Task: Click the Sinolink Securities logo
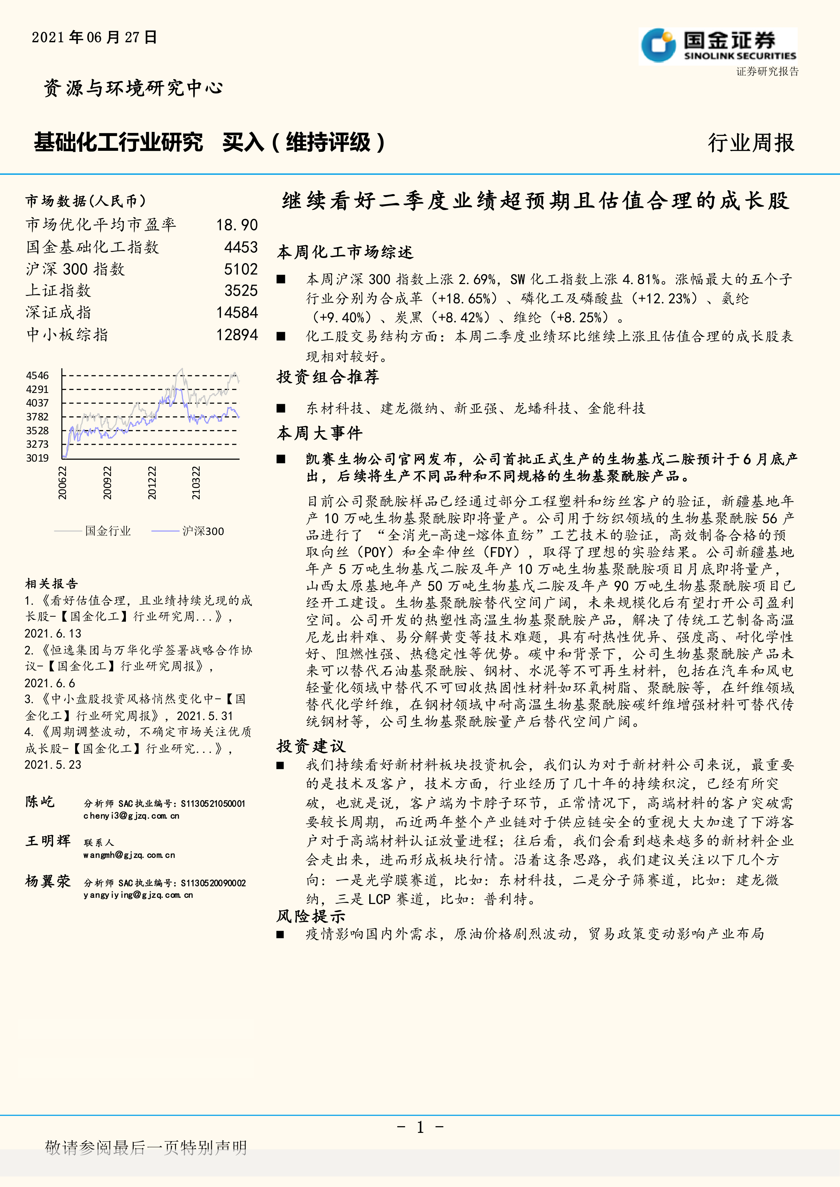pos(718,46)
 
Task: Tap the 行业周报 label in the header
pos(751,143)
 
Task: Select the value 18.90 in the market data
pos(237,225)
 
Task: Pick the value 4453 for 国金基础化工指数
pos(241,247)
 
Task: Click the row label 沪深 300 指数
pos(75,269)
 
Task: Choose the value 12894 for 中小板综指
pos(237,334)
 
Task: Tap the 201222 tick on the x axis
pos(152,482)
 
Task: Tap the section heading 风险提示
pos(310,916)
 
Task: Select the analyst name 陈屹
pos(40,802)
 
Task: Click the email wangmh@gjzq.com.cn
pos(129,855)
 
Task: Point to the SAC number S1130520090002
pos(213,883)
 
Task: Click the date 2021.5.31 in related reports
pos(205,716)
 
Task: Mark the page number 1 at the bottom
pos(420,1127)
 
